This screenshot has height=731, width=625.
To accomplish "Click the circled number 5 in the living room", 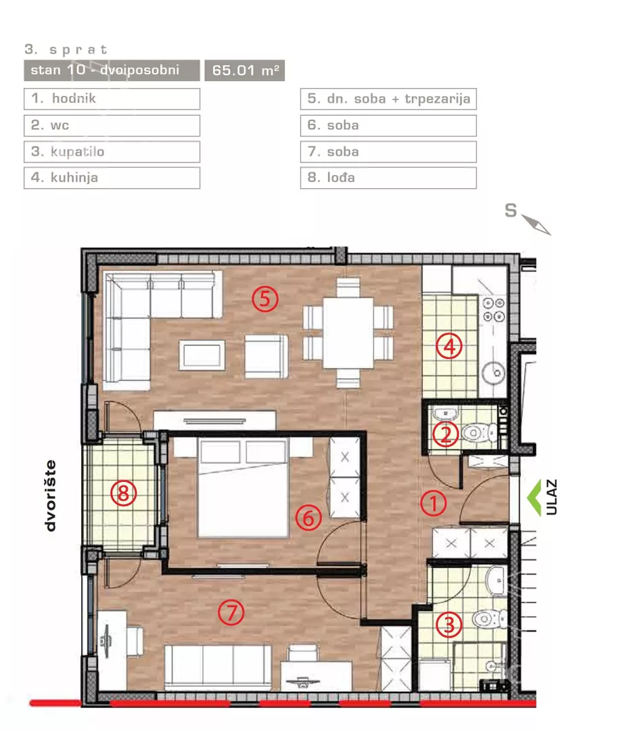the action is (265, 299).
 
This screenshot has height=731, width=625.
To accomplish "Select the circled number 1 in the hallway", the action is (433, 504).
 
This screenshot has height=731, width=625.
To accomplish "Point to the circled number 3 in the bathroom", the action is (449, 625).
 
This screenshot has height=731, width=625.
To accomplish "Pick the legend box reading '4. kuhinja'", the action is (112, 177).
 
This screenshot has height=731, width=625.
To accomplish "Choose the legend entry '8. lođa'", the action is (388, 177).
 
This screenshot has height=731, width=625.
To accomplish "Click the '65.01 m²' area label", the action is (245, 70).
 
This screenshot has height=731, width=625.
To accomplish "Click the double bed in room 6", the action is (243, 488).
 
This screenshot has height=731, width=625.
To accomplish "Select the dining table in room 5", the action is (348, 333).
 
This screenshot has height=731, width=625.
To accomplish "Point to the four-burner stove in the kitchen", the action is (494, 310).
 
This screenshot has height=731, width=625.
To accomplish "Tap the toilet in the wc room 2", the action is (479, 433).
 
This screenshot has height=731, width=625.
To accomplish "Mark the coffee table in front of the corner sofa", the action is (202, 355).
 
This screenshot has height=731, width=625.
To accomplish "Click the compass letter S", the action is (511, 211).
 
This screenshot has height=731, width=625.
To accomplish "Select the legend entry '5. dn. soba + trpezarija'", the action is (388, 99).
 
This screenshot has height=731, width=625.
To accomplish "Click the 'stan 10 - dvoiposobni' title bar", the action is (112, 70).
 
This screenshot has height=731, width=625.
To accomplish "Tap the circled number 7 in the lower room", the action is (231, 612).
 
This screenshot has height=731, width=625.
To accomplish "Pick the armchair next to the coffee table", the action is (266, 356).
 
